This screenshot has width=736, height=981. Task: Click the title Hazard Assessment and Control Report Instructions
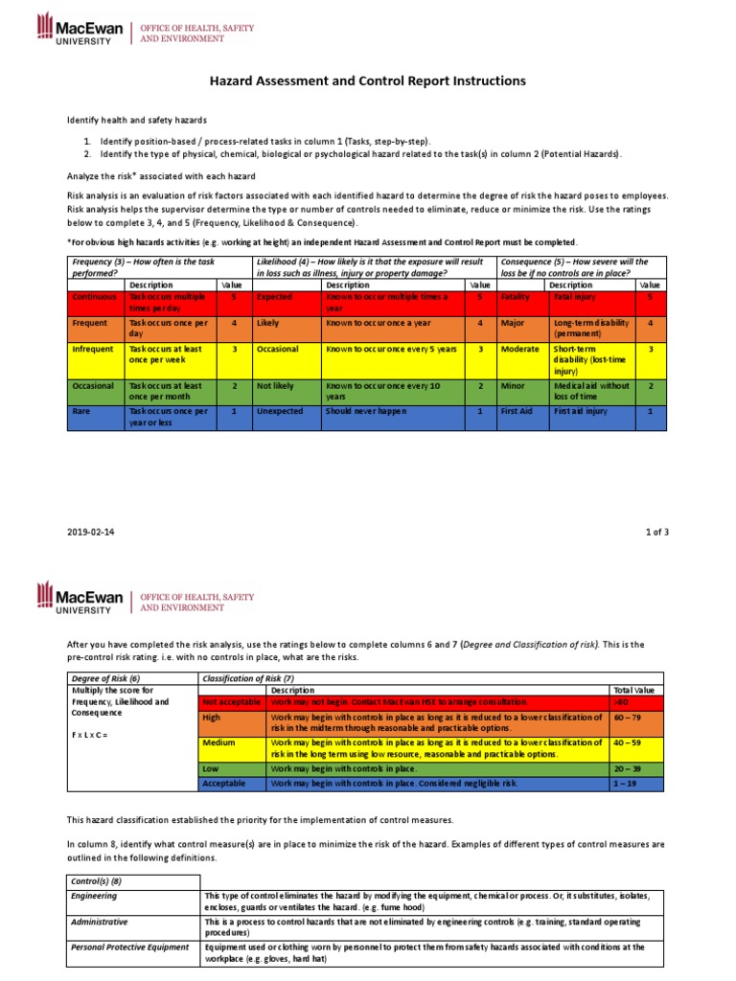[368, 81]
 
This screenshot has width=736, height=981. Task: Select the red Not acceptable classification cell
[230, 701]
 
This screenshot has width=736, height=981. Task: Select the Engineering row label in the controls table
[95, 896]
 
